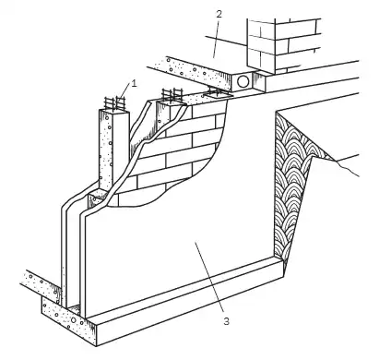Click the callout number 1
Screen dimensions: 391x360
[134, 83]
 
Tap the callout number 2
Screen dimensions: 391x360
[219, 14]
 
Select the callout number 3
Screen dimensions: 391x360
[226, 321]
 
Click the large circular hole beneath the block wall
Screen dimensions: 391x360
[243, 82]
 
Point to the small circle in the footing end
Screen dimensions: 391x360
[74, 320]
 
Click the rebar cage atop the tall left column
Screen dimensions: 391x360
[115, 103]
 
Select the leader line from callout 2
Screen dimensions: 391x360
[216, 38]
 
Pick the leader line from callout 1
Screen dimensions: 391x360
[125, 92]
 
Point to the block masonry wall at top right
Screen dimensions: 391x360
[283, 46]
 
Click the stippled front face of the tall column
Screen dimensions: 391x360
[106, 150]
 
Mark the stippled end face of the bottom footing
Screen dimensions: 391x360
[68, 320]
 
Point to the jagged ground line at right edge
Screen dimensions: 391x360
[348, 168]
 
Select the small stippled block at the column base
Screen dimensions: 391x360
[96, 199]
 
